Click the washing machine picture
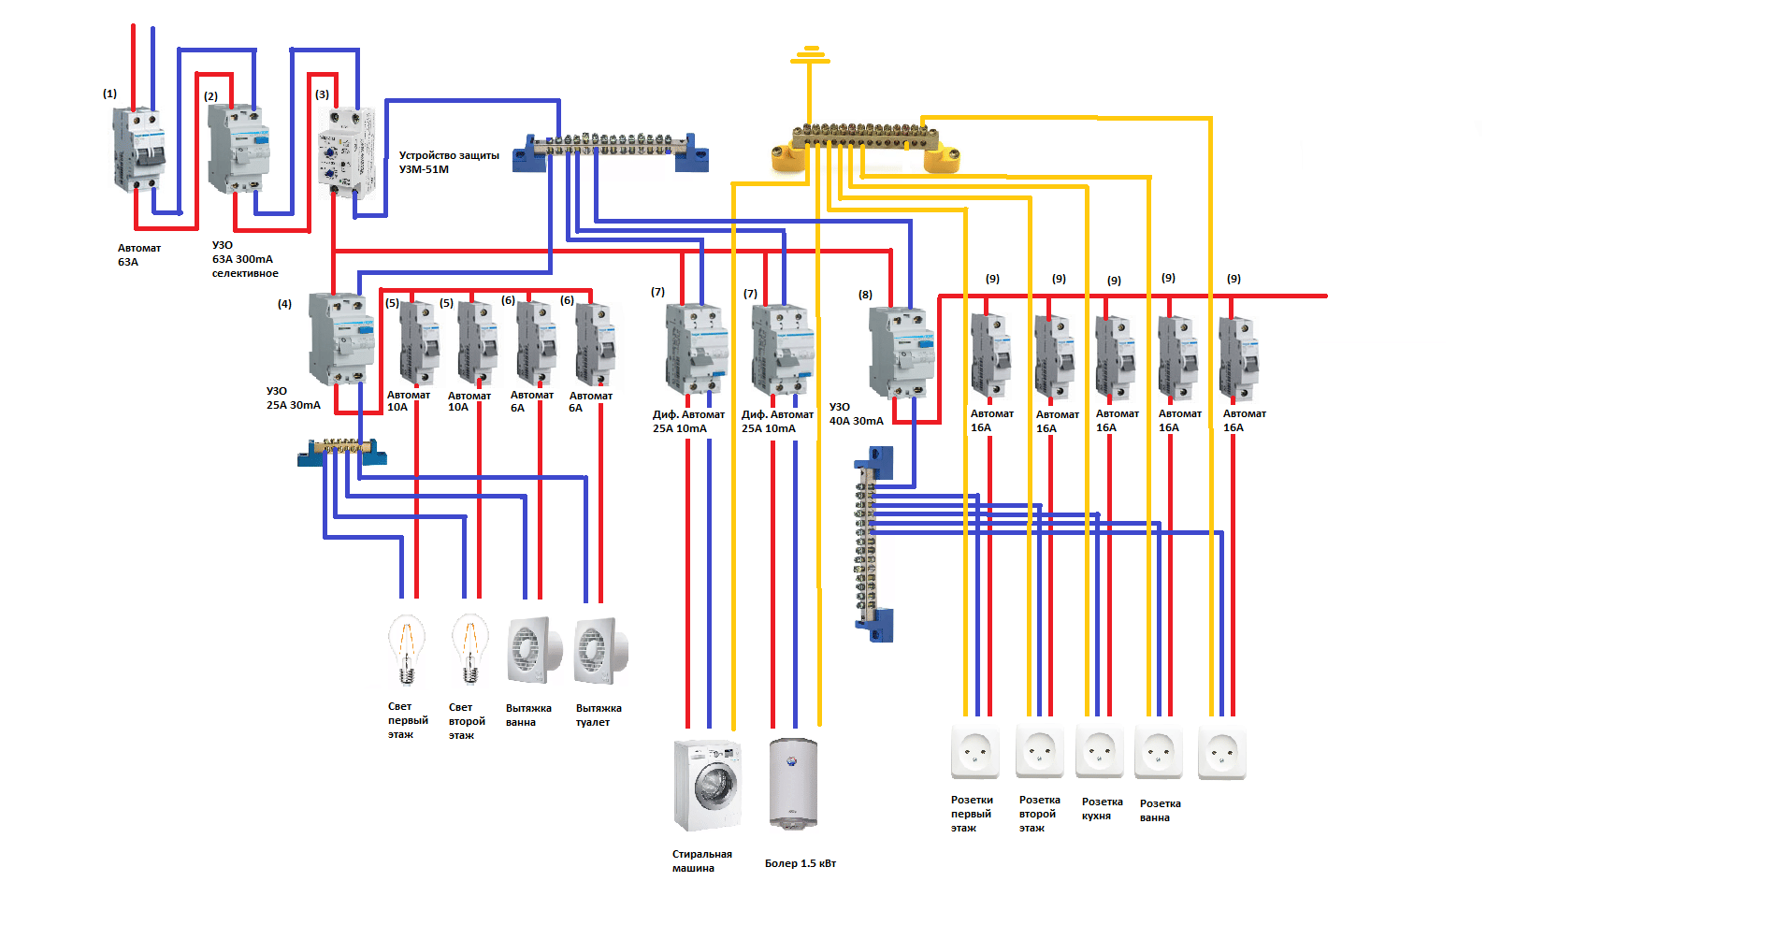tap(708, 785)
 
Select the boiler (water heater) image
tap(793, 783)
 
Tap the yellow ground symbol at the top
tap(810, 55)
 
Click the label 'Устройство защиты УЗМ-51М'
tap(449, 162)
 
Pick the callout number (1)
tap(109, 94)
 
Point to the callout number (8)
tap(865, 295)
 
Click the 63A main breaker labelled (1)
tap(138, 150)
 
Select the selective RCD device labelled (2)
tap(238, 149)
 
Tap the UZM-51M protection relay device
tap(346, 152)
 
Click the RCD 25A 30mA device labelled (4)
tap(341, 339)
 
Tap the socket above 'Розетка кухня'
tap(1099, 750)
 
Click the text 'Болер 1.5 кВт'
tap(801, 863)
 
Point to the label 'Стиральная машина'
tap(701, 860)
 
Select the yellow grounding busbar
tap(865, 146)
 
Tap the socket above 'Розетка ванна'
tap(1159, 751)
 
